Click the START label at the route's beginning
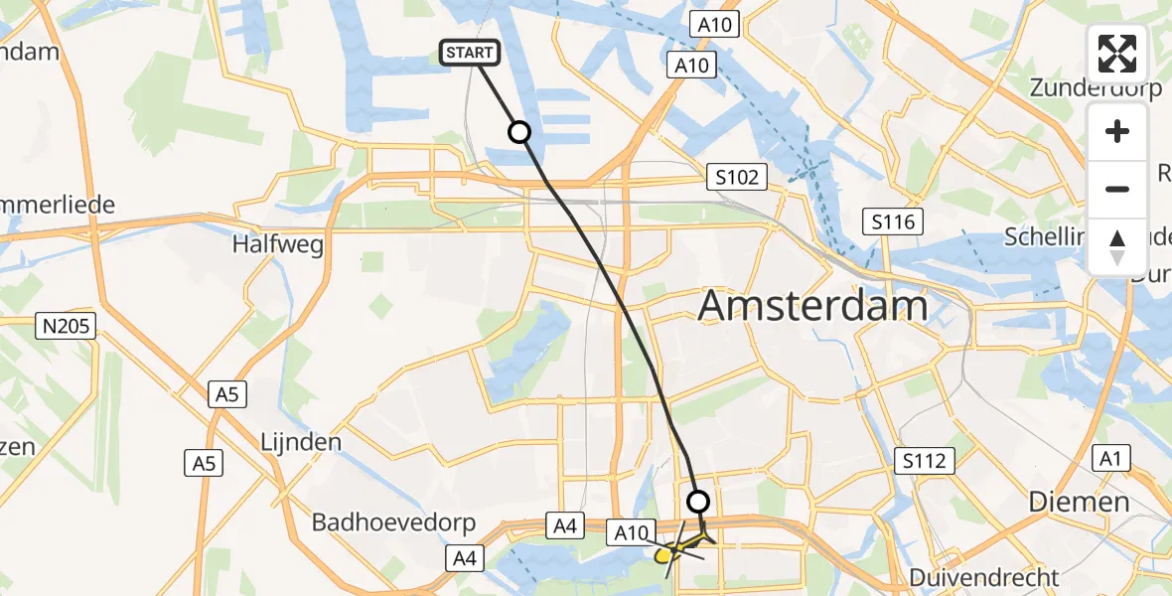(470, 53)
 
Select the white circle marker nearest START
(519, 132)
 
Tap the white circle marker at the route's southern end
(699, 502)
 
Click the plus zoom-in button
(1117, 131)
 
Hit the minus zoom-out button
(1117, 189)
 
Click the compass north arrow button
(1117, 246)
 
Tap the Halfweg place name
(278, 244)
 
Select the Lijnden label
(300, 442)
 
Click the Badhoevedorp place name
(394, 522)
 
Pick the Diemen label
(1079, 502)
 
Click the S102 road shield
(737, 178)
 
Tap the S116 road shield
(893, 222)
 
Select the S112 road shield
(925, 461)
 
